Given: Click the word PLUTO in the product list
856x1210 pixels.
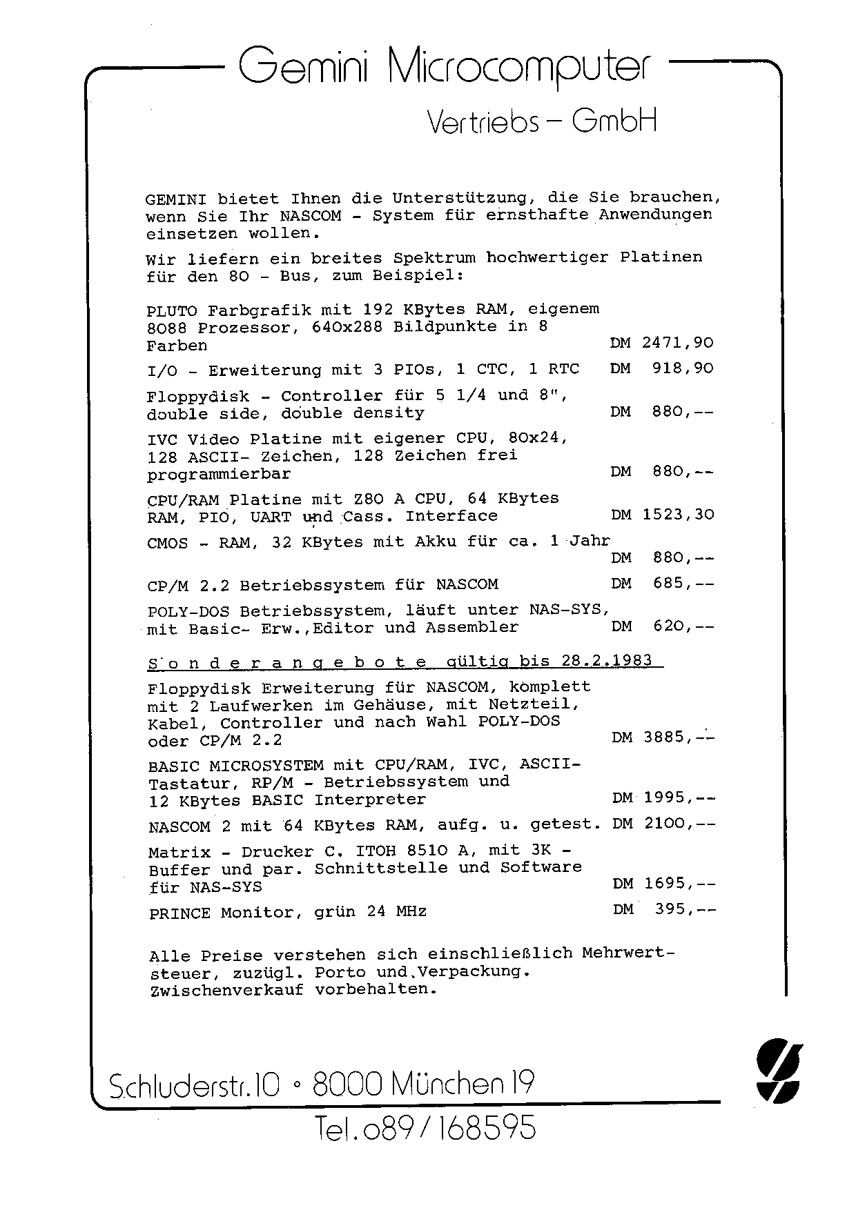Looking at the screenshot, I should pos(172,310).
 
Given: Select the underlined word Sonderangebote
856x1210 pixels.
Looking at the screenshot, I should pos(288,663).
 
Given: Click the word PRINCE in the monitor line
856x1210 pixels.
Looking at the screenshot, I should pos(179,913).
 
